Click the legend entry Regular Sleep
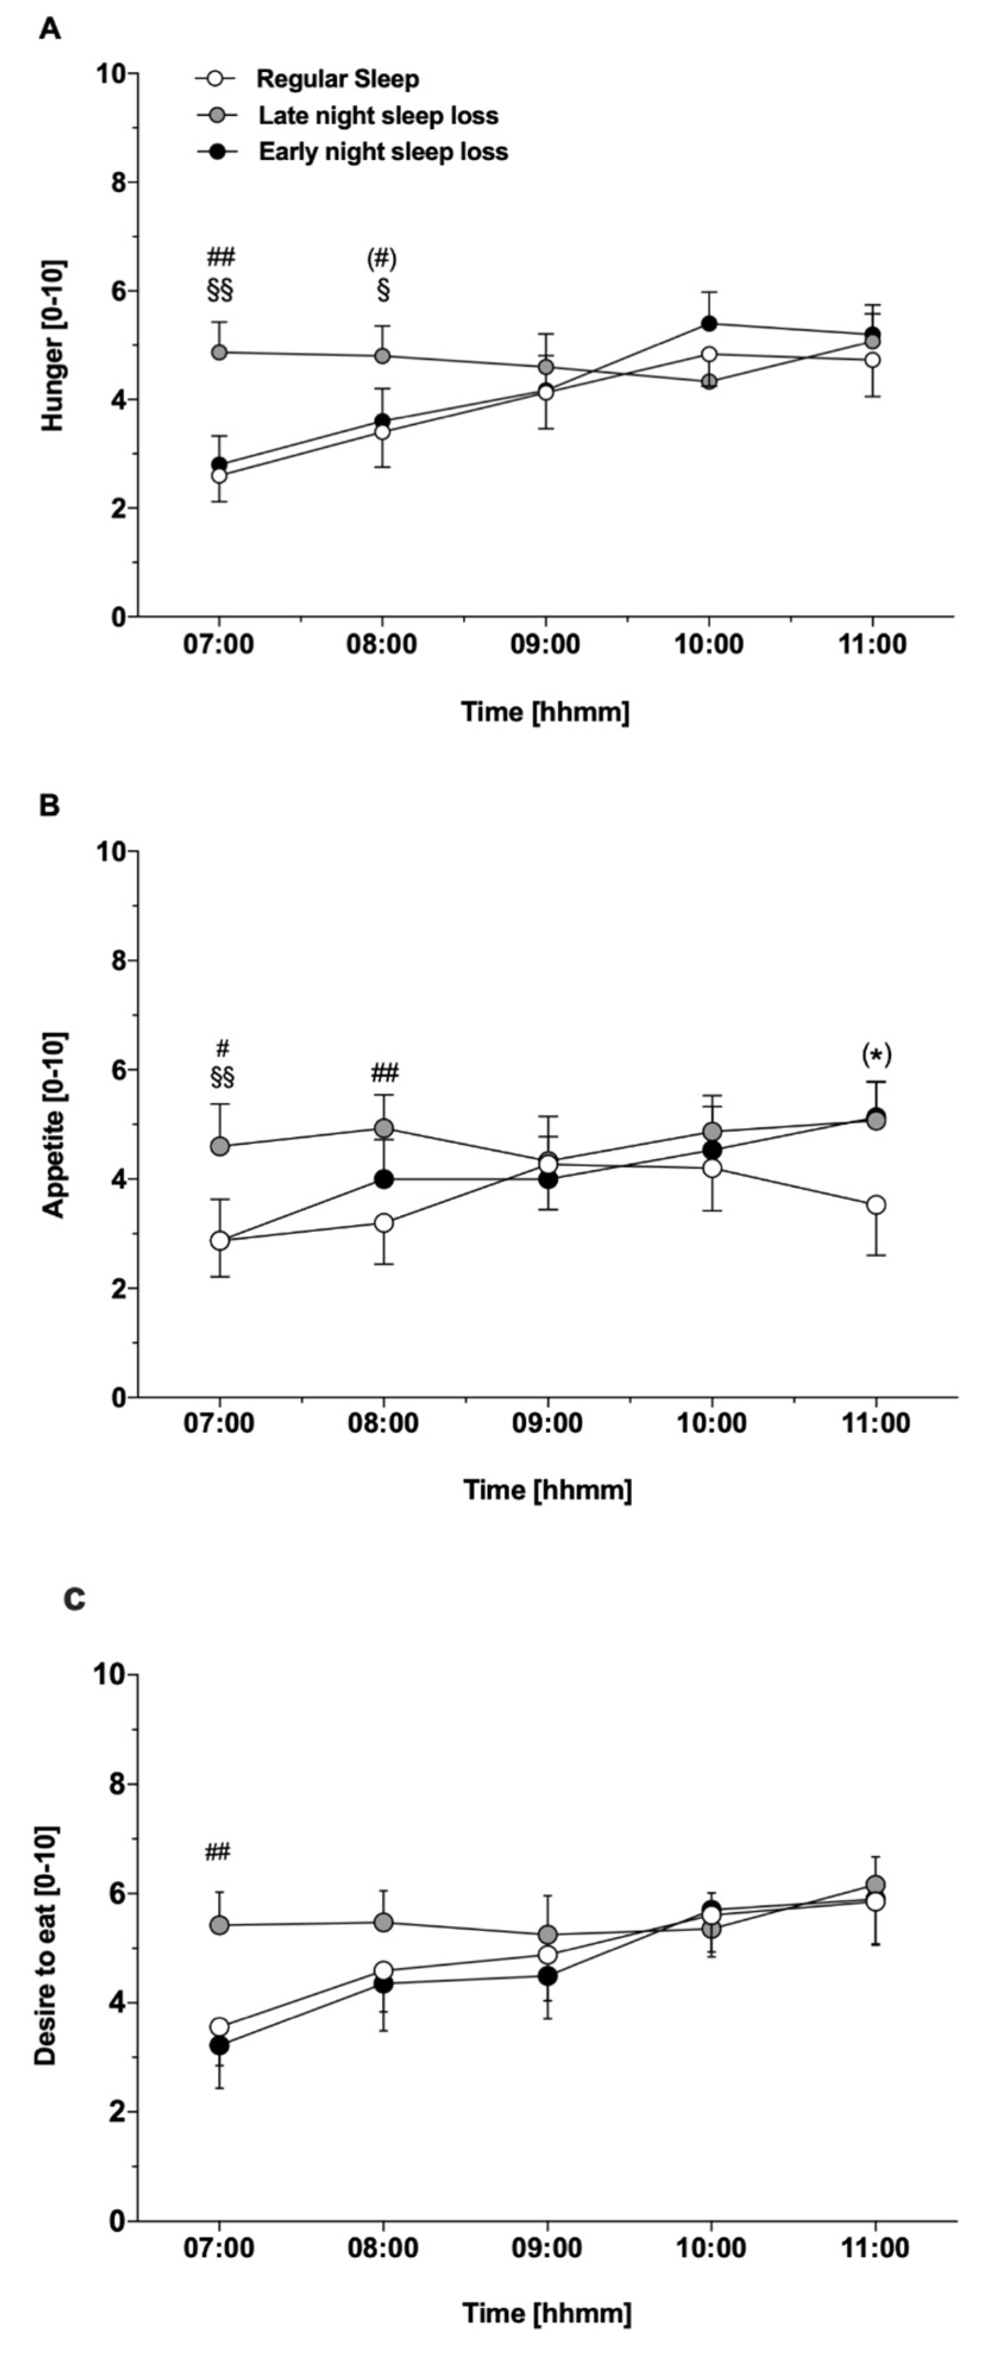(x=336, y=80)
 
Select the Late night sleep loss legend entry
(x=377, y=116)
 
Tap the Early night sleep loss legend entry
(x=382, y=152)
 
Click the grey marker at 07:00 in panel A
(x=219, y=352)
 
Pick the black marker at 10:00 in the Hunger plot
(x=709, y=323)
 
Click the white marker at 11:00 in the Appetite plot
(x=875, y=1205)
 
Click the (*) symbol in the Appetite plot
(x=875, y=1055)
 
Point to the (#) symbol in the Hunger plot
(x=382, y=259)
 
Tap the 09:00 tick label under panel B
(x=547, y=1423)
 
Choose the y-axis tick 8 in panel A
(x=118, y=182)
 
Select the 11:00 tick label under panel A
(x=873, y=644)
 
